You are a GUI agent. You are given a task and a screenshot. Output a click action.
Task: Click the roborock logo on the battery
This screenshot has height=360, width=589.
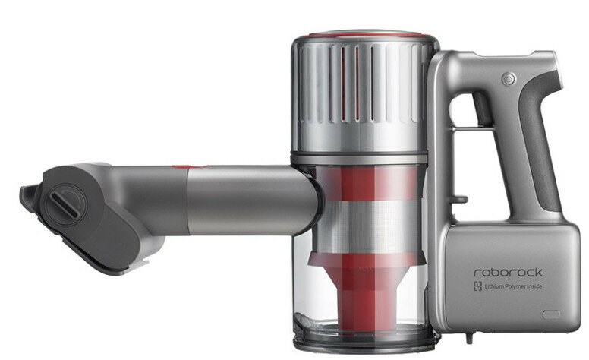(509, 272)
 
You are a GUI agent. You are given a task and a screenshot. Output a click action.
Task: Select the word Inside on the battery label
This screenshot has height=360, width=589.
(535, 286)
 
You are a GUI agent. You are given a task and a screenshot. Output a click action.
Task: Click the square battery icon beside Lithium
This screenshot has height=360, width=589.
(478, 286)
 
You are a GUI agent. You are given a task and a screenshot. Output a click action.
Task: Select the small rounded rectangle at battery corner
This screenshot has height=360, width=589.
(552, 314)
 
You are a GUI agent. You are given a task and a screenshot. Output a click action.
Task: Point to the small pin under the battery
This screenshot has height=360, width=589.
(468, 338)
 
